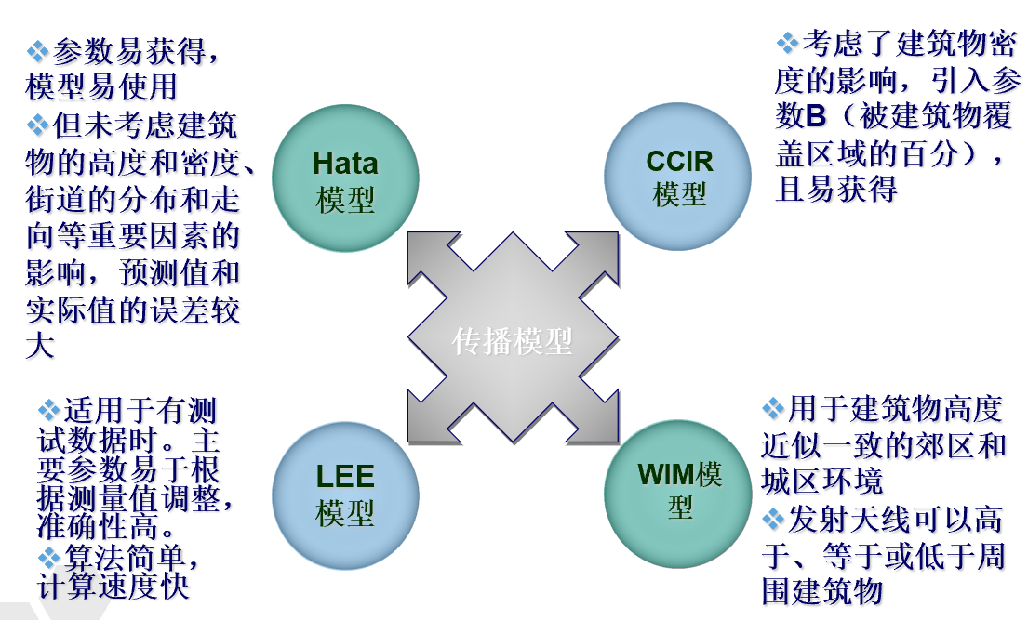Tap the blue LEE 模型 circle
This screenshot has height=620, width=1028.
click(x=345, y=494)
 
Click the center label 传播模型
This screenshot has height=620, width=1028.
click(x=513, y=341)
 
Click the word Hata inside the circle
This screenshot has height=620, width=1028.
click(x=345, y=164)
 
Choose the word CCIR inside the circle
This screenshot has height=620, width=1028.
click(x=679, y=161)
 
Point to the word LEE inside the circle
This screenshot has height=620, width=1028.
click(x=345, y=478)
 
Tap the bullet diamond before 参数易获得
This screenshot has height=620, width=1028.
click(x=38, y=49)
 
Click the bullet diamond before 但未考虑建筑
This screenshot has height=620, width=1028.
click(x=38, y=123)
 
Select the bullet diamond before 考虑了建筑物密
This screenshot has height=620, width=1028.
click(x=787, y=43)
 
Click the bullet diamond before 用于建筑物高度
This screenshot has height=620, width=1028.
click(x=773, y=408)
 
